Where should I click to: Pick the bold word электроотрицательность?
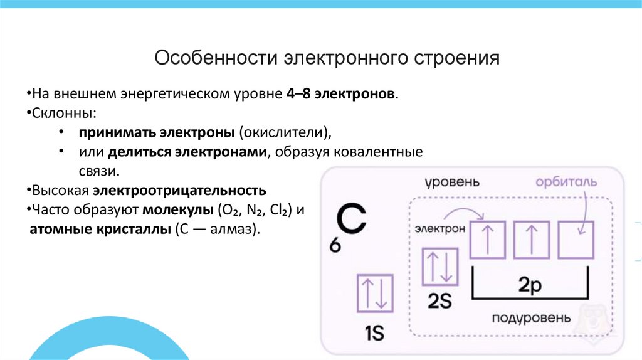coord(181,190)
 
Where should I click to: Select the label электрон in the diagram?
coord(439,229)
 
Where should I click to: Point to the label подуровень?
coord(531,317)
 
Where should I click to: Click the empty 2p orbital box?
coord(576,238)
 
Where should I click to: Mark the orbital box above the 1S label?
coord(375,294)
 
